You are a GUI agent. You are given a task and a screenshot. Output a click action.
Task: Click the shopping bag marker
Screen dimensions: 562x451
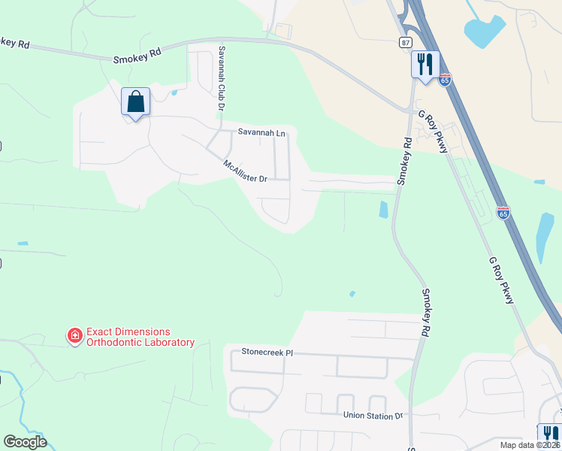(x=135, y=101)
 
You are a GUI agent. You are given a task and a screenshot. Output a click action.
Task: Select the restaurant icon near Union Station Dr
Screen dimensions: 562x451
(x=549, y=434)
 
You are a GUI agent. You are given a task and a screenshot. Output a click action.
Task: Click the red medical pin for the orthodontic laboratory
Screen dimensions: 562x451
(x=74, y=336)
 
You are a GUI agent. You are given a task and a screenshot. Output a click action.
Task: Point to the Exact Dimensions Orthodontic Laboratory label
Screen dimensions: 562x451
(x=140, y=337)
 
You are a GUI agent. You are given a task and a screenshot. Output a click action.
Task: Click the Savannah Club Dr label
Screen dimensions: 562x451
(x=222, y=78)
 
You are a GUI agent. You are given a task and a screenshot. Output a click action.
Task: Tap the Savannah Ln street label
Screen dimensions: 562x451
(x=261, y=132)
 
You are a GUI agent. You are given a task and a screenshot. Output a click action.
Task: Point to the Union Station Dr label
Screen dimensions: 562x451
(x=373, y=415)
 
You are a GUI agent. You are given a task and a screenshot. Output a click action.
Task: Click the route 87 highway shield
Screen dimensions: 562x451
(x=406, y=43)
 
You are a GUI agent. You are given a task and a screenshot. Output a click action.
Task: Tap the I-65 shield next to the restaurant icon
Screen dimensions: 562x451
(x=446, y=79)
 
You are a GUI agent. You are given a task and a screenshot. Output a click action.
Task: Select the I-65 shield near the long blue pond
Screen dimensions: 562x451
(x=503, y=213)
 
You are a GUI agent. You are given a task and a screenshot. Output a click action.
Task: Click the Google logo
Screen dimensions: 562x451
(x=25, y=442)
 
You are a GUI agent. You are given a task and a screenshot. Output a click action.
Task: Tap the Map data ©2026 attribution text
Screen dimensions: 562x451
(x=530, y=445)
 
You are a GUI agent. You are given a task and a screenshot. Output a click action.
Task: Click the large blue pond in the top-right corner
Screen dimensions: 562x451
(x=485, y=31)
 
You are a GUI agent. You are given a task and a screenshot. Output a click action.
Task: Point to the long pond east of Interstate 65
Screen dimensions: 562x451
(x=545, y=237)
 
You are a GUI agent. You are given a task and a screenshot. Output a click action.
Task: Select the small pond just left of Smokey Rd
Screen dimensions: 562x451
(x=384, y=209)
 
